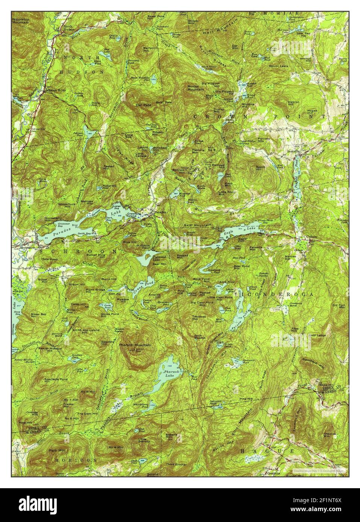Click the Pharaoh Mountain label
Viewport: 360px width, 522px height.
(134, 345)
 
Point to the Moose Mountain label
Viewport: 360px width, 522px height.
(196, 88)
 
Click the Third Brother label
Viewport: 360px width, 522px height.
(176, 465)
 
